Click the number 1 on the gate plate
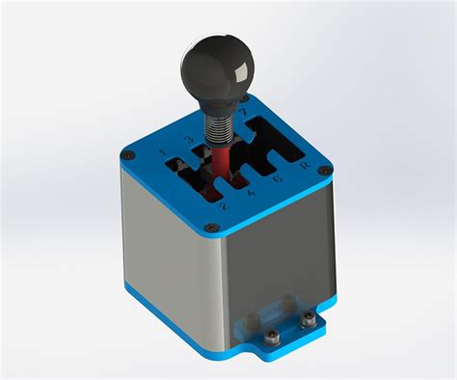162,151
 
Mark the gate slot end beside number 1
178,165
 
